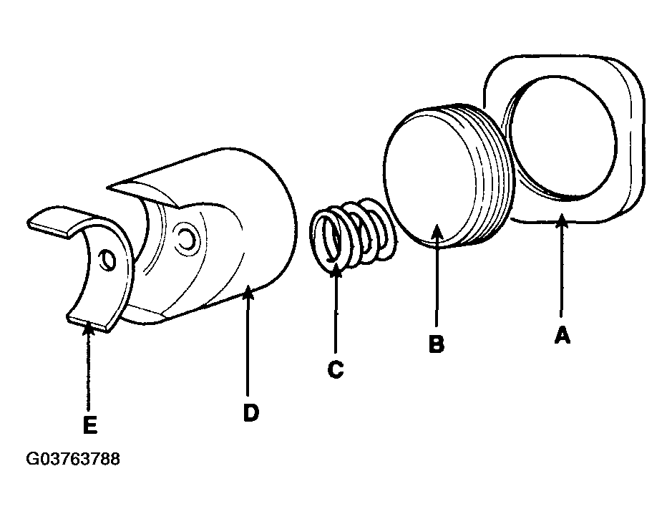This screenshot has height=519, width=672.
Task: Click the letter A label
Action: click(x=563, y=335)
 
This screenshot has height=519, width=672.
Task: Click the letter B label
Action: click(x=437, y=344)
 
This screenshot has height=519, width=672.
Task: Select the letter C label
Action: click(x=335, y=369)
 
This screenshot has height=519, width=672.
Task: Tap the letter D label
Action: click(x=251, y=412)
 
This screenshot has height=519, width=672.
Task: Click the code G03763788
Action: click(x=73, y=459)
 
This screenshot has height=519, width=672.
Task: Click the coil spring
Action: click(x=352, y=233)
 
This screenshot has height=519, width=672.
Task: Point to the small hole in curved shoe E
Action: click(x=107, y=260)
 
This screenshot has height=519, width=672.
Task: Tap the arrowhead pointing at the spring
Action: click(x=336, y=271)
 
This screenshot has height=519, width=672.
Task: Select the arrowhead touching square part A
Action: click(x=561, y=221)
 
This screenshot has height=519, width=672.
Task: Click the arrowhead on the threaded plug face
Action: click(x=437, y=231)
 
